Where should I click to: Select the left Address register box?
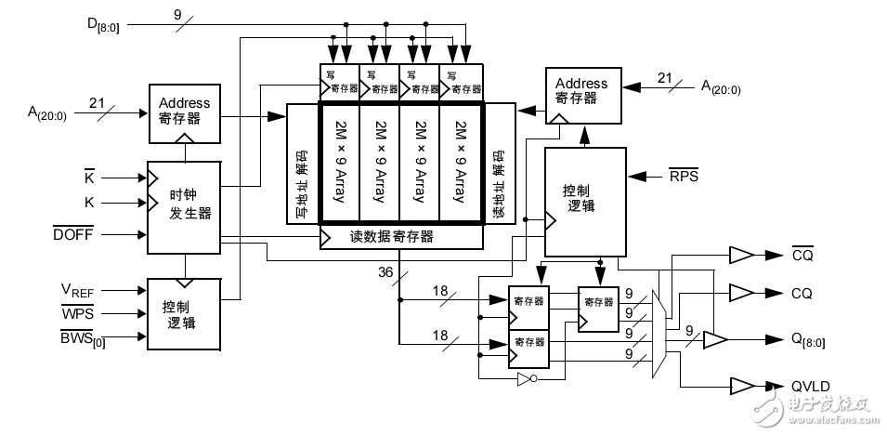[x=184, y=112]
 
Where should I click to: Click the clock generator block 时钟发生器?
[x=184, y=206]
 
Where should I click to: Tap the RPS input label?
[x=684, y=174]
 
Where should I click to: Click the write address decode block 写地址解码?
[x=303, y=164]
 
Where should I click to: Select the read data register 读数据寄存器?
[x=401, y=236]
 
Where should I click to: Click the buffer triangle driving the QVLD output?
[x=742, y=386]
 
